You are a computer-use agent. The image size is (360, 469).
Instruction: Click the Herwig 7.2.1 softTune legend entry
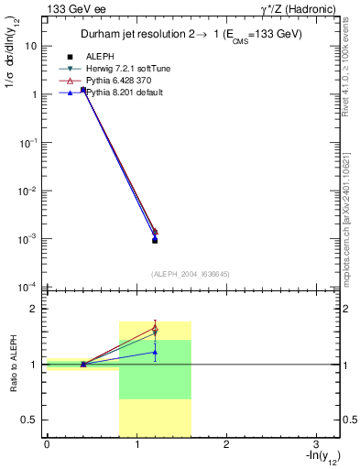tap(128, 68)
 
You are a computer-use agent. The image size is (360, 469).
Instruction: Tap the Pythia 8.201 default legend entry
tap(125, 93)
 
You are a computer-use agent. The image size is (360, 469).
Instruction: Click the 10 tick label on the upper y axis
tap(30, 45)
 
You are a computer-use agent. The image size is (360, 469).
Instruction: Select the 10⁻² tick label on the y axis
tap(27, 191)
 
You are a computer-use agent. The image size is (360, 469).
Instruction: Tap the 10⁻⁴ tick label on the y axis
tap(27, 287)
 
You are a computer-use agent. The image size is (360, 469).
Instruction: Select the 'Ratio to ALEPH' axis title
tap(13, 364)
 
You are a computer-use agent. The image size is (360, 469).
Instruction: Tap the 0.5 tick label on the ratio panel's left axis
tap(28, 420)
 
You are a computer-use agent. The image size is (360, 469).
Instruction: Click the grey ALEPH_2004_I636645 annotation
tap(191, 274)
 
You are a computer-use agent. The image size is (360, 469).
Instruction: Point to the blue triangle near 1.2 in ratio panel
tap(155, 352)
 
